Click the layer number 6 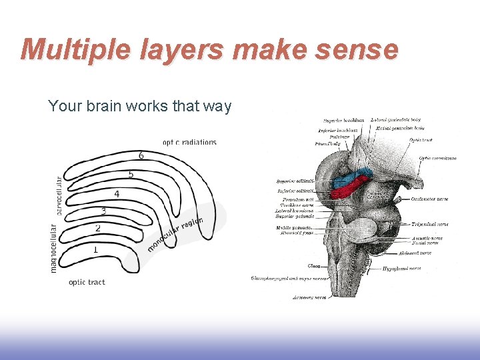[x=141, y=155]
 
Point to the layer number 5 [x=131, y=175]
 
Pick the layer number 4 [x=117, y=194]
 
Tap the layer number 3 [x=103, y=211]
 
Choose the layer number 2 [x=98, y=228]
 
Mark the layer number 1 [x=95, y=249]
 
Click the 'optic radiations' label [x=189, y=142]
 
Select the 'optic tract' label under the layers [x=87, y=282]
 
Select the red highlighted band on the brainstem [x=348, y=190]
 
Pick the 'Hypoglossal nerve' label [x=401, y=269]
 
